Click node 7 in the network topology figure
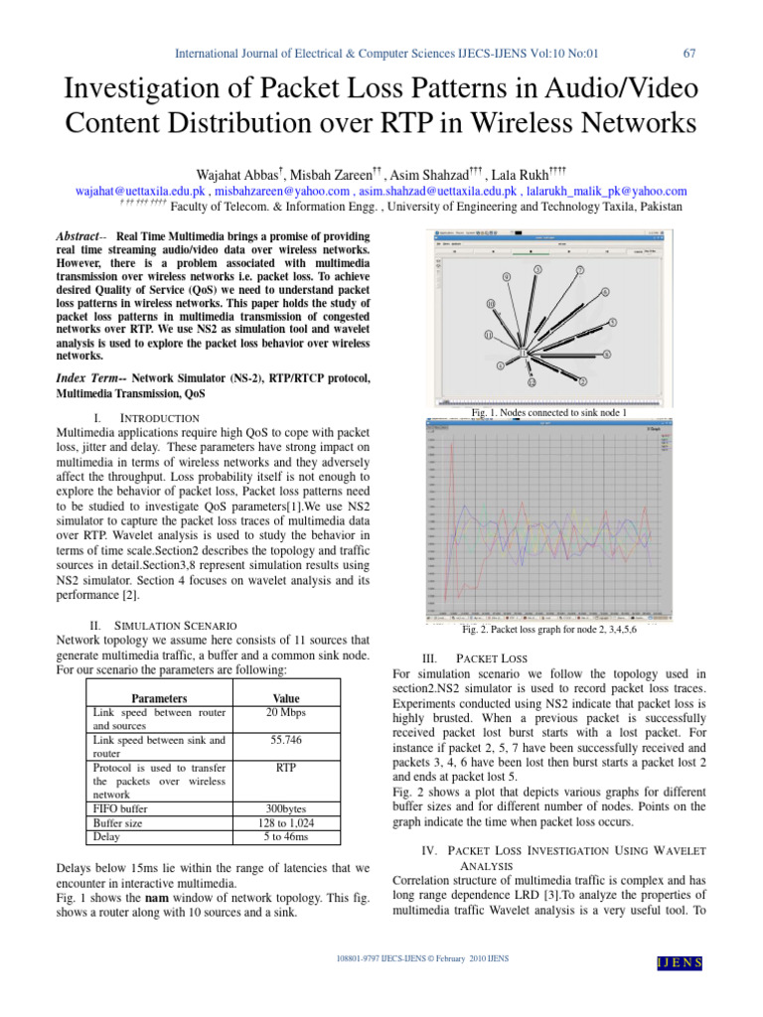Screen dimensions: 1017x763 [x=580, y=270]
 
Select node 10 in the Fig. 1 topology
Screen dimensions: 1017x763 [x=491, y=303]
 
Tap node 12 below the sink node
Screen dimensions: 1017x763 [x=532, y=381]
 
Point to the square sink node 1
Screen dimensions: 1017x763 [x=525, y=352]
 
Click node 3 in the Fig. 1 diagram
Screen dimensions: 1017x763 [x=537, y=269]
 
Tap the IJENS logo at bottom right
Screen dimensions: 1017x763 [x=680, y=962]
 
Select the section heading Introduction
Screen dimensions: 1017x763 [x=160, y=418]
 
